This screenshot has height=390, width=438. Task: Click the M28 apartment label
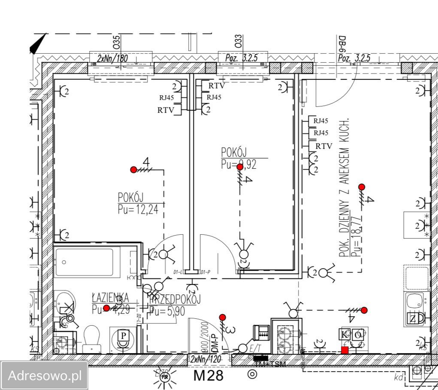(x=208, y=375)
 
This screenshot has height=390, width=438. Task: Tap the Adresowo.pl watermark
(x=45, y=375)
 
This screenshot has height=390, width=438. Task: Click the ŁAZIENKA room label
(x=110, y=297)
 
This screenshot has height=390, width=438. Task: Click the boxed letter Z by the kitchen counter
(x=413, y=319)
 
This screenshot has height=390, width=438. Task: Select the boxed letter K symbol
(x=344, y=335)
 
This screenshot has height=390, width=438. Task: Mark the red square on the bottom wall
(x=344, y=350)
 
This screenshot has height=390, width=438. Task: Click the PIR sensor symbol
(x=163, y=377)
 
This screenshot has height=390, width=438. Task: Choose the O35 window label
(x=116, y=42)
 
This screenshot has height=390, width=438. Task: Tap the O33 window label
(x=239, y=41)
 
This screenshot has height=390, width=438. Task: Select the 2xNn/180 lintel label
(x=112, y=58)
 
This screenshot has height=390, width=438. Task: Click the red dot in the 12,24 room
(x=133, y=170)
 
